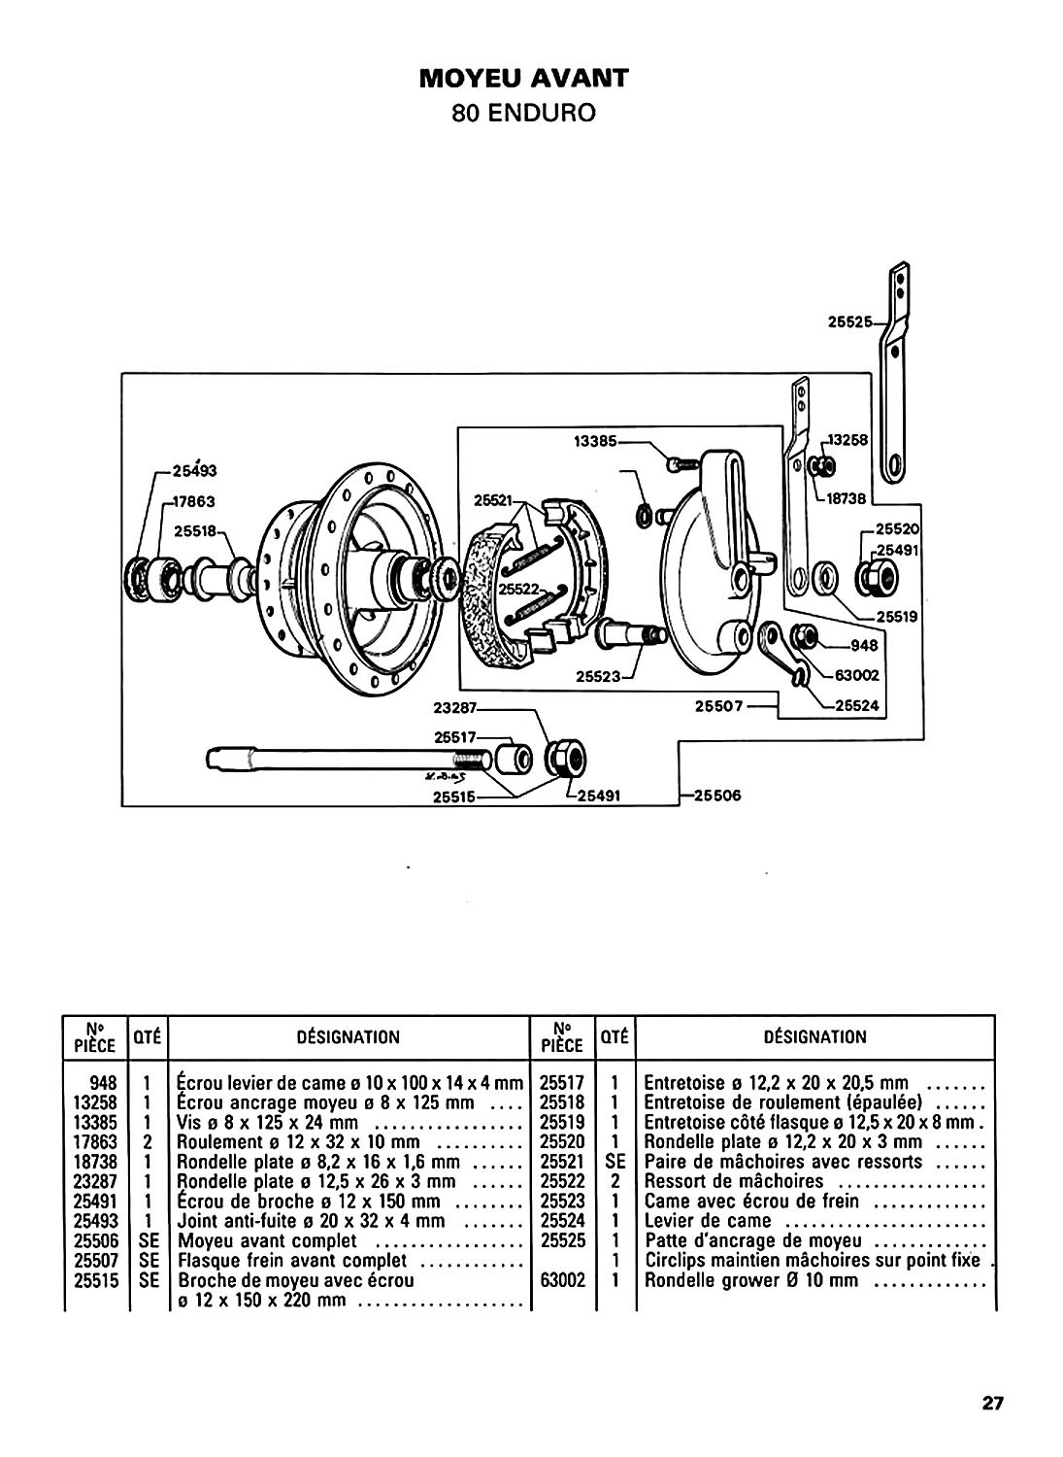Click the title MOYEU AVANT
click(524, 78)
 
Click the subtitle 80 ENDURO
click(524, 114)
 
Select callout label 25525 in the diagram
click(849, 322)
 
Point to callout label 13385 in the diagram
click(595, 441)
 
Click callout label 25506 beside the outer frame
click(717, 796)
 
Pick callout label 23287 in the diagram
click(455, 708)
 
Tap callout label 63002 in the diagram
click(857, 675)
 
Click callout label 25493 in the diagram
click(194, 471)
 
